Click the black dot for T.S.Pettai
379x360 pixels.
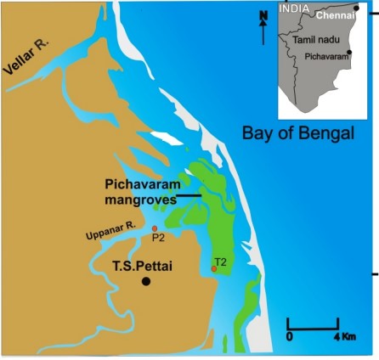coord(146,281)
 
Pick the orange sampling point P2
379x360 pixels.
coord(154,228)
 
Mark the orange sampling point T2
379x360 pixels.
coord(214,268)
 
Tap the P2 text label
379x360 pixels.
coord(158,239)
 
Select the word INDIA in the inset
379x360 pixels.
coord(294,8)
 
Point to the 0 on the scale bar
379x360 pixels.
coord(289,337)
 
